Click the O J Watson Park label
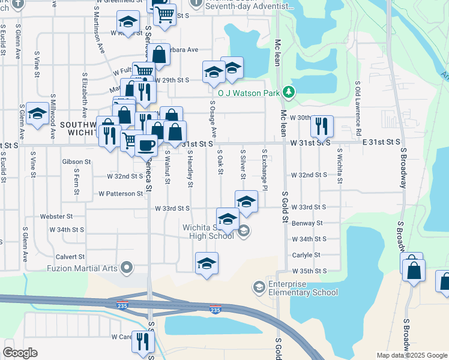249,93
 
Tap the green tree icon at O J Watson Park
290,92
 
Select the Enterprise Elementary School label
303,287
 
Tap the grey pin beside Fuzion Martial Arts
126,268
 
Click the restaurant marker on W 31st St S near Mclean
322,126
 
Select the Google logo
19,353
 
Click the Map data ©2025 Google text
412,355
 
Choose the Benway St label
307,223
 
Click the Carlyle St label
306,255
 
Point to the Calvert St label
71,256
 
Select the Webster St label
56,216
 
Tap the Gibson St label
76,162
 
